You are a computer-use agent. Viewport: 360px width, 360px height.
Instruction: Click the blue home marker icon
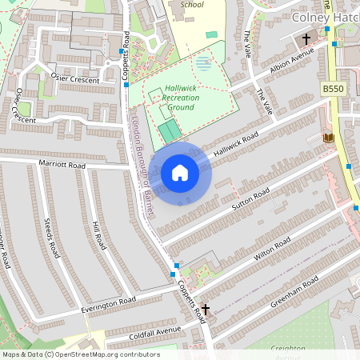(180, 173)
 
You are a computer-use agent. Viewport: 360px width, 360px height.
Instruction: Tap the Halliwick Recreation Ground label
(181, 98)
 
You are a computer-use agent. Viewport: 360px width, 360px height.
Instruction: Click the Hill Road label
(98, 235)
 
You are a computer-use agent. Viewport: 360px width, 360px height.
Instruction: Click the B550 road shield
(332, 89)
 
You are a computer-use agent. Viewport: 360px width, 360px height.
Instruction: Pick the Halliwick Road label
(237, 139)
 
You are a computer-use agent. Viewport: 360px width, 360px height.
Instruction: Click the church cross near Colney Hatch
(306, 38)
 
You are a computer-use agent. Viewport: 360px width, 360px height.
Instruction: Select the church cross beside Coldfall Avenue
(205, 309)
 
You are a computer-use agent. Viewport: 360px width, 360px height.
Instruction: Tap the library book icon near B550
(327, 138)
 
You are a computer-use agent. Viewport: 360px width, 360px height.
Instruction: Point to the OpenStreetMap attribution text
(82, 354)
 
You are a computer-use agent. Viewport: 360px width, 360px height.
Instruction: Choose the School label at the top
(192, 4)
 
